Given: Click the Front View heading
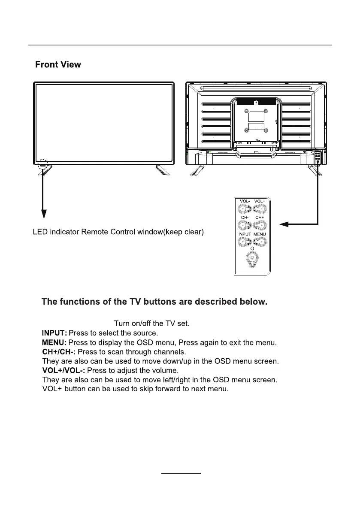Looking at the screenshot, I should [58, 65].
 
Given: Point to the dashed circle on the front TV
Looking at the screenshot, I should [43, 165].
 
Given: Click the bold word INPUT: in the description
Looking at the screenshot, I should [54, 333].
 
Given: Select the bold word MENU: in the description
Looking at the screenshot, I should [54, 342].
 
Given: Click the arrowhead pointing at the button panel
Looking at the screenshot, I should [282, 224].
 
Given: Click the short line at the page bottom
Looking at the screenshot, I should [181, 473].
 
